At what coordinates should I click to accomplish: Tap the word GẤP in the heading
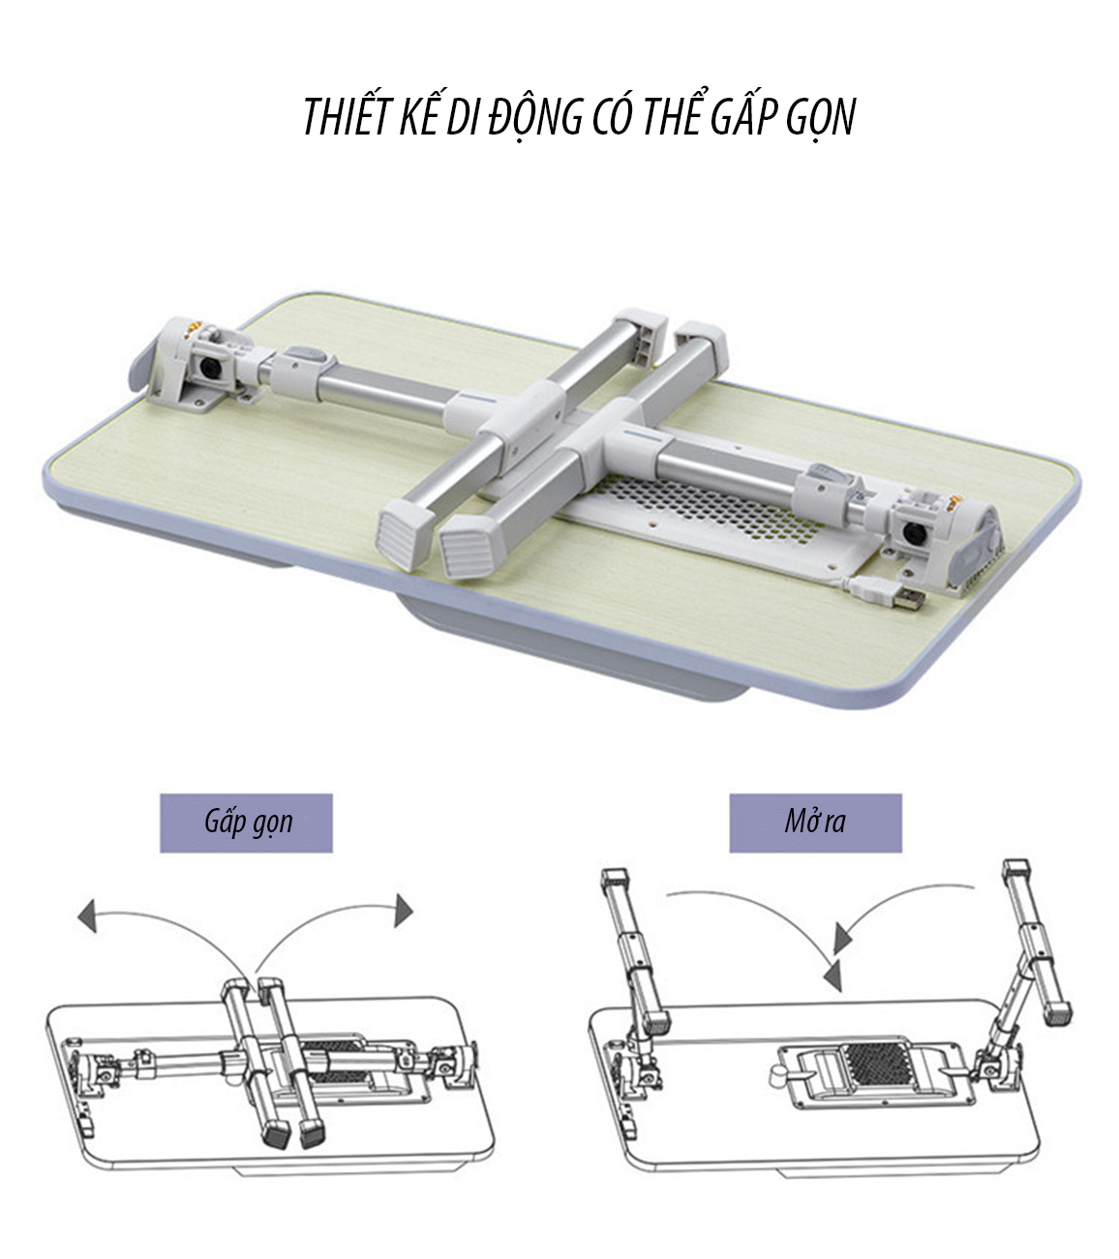tap(743, 116)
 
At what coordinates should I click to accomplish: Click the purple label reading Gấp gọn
tap(246, 823)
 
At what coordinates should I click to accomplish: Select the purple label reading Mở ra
tap(816, 823)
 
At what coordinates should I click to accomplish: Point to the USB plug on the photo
tap(908, 598)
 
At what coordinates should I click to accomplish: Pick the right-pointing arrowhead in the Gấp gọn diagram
tap(404, 911)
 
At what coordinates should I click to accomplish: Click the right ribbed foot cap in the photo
tap(470, 545)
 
